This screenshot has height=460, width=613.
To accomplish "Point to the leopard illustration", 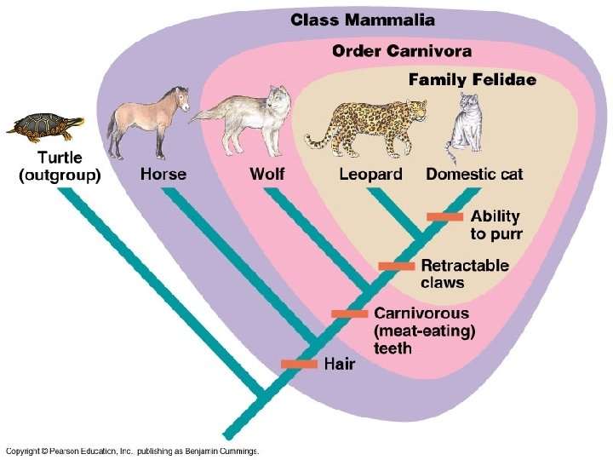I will pyautogui.click(x=366, y=124).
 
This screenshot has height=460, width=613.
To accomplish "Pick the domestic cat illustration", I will pyautogui.click(x=467, y=128).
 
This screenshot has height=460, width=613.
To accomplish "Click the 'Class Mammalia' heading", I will pyautogui.click(x=363, y=20).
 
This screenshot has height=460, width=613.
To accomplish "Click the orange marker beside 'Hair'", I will pyautogui.click(x=299, y=364).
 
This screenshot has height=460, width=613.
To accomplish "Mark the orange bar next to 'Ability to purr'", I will pyautogui.click(x=444, y=216).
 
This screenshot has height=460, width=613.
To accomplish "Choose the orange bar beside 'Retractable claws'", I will pyautogui.click(x=396, y=267).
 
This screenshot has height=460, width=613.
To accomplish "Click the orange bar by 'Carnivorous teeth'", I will pyautogui.click(x=349, y=313).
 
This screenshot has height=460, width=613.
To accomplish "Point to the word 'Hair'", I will pyautogui.click(x=340, y=364).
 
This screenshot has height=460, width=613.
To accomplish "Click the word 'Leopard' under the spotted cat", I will pyautogui.click(x=370, y=175).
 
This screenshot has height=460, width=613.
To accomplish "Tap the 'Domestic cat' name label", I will pyautogui.click(x=474, y=175).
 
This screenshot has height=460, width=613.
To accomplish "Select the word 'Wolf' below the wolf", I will pyautogui.click(x=267, y=175).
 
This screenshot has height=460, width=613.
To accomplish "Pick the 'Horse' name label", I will pyautogui.click(x=163, y=175).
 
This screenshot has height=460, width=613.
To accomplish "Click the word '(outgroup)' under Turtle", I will pyautogui.click(x=59, y=176).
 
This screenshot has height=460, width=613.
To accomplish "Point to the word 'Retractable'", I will pyautogui.click(x=465, y=266).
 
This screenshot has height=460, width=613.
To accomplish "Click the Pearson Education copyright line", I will pyautogui.click(x=132, y=451).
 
